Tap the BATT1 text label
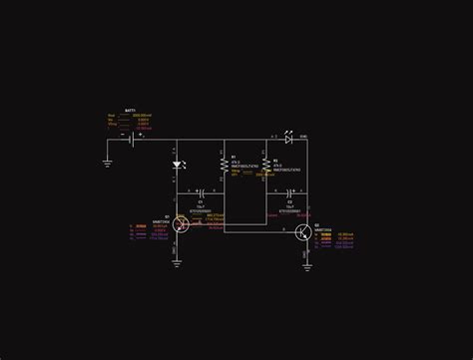click(x=130, y=111)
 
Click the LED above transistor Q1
click(x=177, y=165)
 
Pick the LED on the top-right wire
click(x=289, y=140)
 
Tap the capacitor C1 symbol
click(x=201, y=190)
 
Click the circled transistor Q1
click(x=180, y=225)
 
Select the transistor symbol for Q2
click(x=303, y=232)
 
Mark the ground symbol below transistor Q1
click(x=177, y=263)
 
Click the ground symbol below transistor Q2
click(x=307, y=265)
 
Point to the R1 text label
click(x=234, y=157)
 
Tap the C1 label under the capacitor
click(x=201, y=201)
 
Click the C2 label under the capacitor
click(x=289, y=201)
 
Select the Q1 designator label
click(x=167, y=214)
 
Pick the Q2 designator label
click(x=317, y=225)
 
